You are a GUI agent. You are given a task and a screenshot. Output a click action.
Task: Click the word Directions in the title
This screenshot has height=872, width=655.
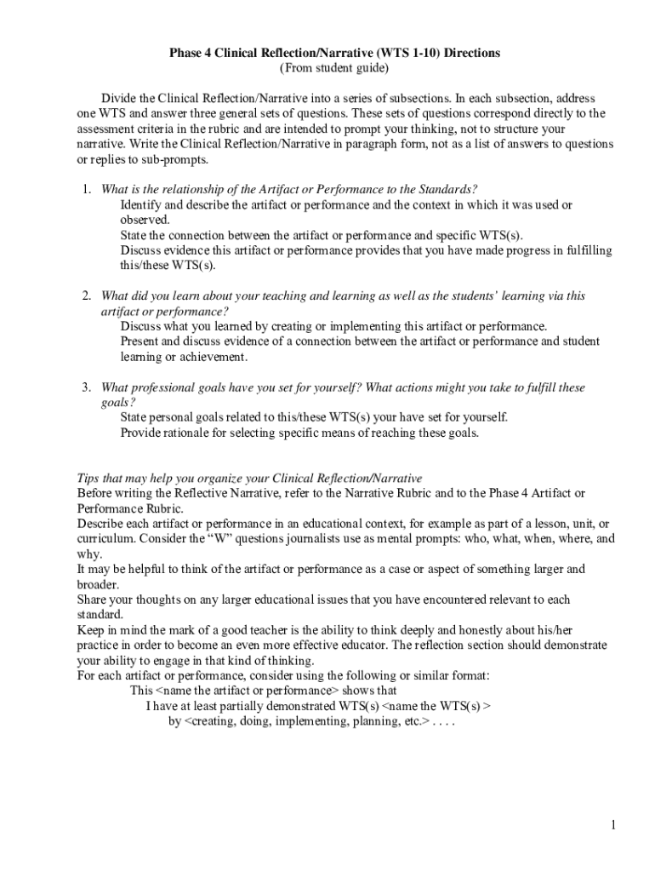(469, 53)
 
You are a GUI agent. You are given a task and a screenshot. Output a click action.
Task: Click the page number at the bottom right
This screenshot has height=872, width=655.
(612, 825)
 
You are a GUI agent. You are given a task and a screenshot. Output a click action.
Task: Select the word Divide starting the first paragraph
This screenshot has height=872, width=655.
(118, 98)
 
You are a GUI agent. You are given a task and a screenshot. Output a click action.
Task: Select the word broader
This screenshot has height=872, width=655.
(98, 585)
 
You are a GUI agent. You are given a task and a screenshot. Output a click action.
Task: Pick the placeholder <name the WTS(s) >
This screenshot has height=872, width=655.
(436, 706)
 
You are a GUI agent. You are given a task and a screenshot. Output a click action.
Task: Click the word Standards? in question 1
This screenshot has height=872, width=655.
(447, 189)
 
